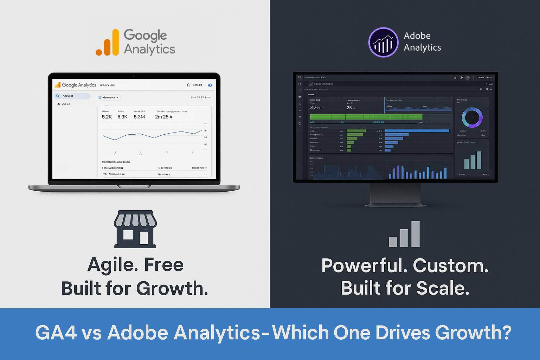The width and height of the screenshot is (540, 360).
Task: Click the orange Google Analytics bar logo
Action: (108, 43)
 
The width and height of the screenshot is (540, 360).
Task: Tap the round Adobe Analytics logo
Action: (383, 42)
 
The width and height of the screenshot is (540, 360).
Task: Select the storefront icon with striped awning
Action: (135, 229)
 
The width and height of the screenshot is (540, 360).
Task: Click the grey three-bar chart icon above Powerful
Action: (404, 234)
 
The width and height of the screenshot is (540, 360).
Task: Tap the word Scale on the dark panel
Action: (443, 289)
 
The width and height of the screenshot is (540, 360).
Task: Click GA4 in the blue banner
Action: (56, 332)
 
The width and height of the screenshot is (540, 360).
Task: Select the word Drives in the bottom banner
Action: (401, 332)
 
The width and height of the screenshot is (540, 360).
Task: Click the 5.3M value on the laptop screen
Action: (139, 117)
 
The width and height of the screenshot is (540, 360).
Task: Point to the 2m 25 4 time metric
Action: (163, 117)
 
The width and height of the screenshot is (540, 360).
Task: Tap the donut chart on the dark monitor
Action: (472, 117)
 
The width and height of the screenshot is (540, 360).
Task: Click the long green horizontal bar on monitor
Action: (366, 117)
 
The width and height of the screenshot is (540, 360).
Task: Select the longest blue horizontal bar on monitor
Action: (417, 131)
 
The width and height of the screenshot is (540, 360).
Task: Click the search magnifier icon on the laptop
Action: (58, 96)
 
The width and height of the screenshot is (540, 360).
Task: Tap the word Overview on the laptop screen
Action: (107, 85)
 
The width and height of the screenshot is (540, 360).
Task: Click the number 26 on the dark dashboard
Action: (349, 108)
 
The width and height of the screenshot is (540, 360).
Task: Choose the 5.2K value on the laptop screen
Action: (107, 117)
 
